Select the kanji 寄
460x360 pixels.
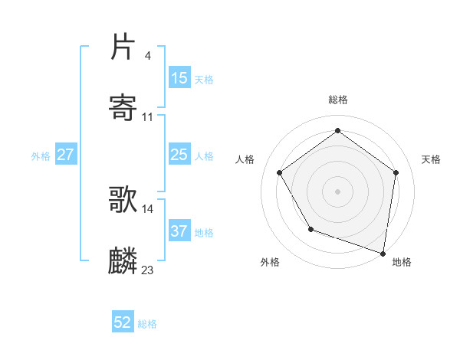[x=123, y=108]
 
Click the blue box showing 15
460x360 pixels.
[x=179, y=78]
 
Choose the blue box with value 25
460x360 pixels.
[x=179, y=155]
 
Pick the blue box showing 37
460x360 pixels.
[x=179, y=231]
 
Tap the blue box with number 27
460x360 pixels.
[x=66, y=155]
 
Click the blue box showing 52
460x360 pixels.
[x=123, y=323]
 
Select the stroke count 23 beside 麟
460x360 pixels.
[x=148, y=270]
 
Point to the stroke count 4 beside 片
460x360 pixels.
[x=147, y=56]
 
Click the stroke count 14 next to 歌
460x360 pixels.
[x=148, y=208]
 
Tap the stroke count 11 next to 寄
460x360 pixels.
[x=148, y=116]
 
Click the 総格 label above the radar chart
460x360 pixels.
[x=338, y=100]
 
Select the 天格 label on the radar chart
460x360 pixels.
[x=431, y=159]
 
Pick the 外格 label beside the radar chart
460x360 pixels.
[x=270, y=262]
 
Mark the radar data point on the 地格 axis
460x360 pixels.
[x=383, y=253]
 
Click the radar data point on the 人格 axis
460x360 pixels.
[x=280, y=172]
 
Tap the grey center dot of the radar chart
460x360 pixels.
[x=337, y=191]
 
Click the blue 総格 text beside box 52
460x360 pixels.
[x=147, y=324]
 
